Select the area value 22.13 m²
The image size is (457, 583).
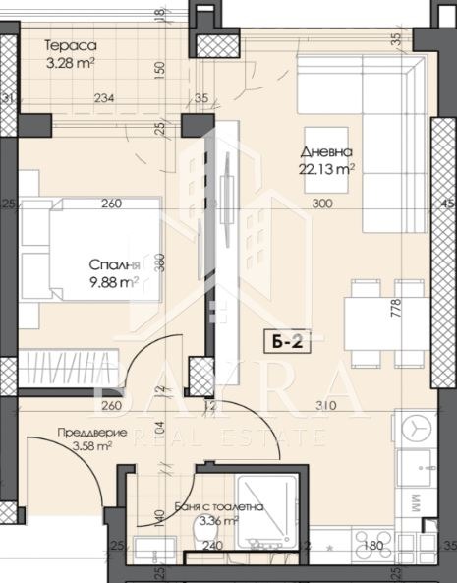(327, 169)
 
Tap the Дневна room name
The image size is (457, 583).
(327, 152)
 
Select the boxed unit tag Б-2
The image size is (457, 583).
(282, 342)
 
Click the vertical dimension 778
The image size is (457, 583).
(396, 318)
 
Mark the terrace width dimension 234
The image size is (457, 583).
(105, 98)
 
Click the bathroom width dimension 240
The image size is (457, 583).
(213, 547)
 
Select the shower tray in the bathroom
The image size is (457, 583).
(267, 509)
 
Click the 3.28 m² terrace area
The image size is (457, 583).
(71, 64)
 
